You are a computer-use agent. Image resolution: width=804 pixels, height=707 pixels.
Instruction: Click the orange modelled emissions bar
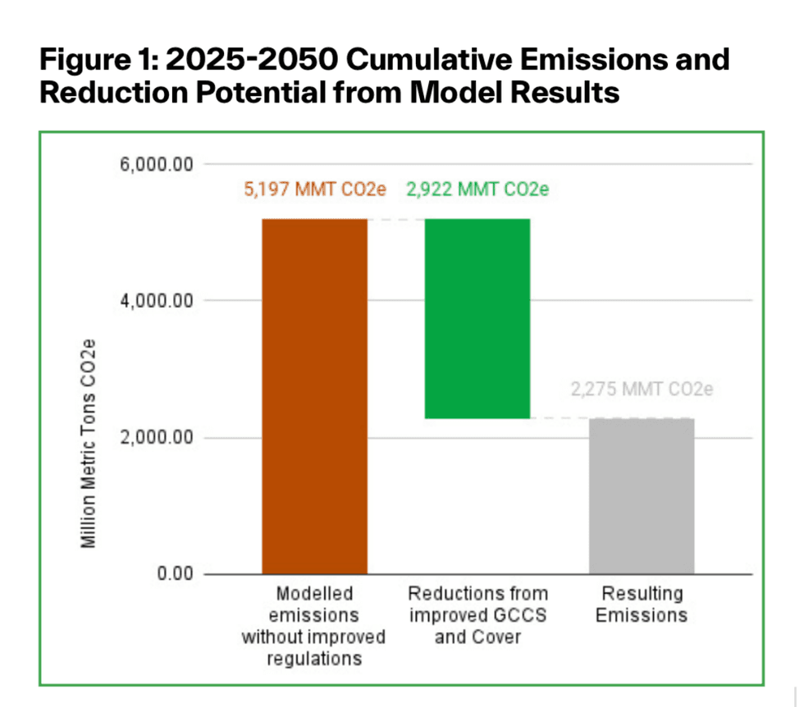pyautogui.click(x=314, y=396)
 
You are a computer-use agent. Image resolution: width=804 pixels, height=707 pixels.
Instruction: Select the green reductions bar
pyautogui.click(x=477, y=318)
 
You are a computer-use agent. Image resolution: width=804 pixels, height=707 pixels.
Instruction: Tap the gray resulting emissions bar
pyautogui.click(x=642, y=495)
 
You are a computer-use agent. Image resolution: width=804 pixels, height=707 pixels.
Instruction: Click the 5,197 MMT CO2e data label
pyautogui.click(x=314, y=189)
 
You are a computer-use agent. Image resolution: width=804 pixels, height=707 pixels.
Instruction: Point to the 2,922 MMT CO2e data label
pyautogui.click(x=477, y=189)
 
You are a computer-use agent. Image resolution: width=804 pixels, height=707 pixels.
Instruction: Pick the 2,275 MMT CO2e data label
pyautogui.click(x=642, y=389)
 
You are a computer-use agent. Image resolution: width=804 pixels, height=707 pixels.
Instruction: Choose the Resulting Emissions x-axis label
pyautogui.click(x=642, y=604)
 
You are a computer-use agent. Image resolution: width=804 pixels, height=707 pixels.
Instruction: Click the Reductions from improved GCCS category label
pyautogui.click(x=477, y=614)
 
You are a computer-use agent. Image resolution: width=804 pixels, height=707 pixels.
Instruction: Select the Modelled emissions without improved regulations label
pyautogui.click(x=314, y=625)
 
